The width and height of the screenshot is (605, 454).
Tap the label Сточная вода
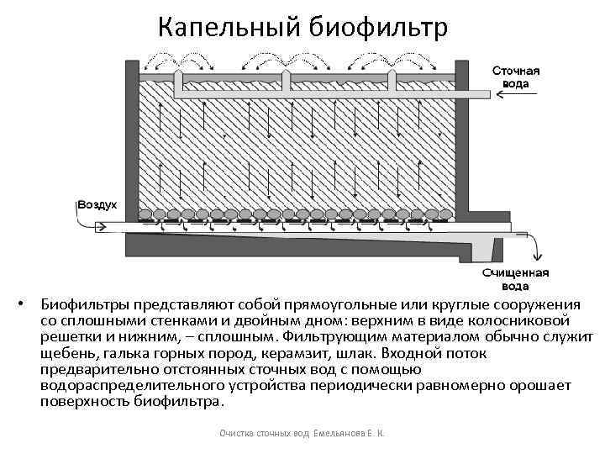pyautogui.click(x=515, y=78)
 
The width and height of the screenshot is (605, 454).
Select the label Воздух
pyautogui.click(x=97, y=204)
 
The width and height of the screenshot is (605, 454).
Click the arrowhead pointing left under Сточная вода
pyautogui.click(x=501, y=95)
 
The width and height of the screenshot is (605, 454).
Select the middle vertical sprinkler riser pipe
pyautogui.click(x=287, y=81)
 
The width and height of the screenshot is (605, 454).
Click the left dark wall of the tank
pyautogui.click(x=133, y=143)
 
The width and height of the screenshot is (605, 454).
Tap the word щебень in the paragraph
pyautogui.click(x=66, y=354)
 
